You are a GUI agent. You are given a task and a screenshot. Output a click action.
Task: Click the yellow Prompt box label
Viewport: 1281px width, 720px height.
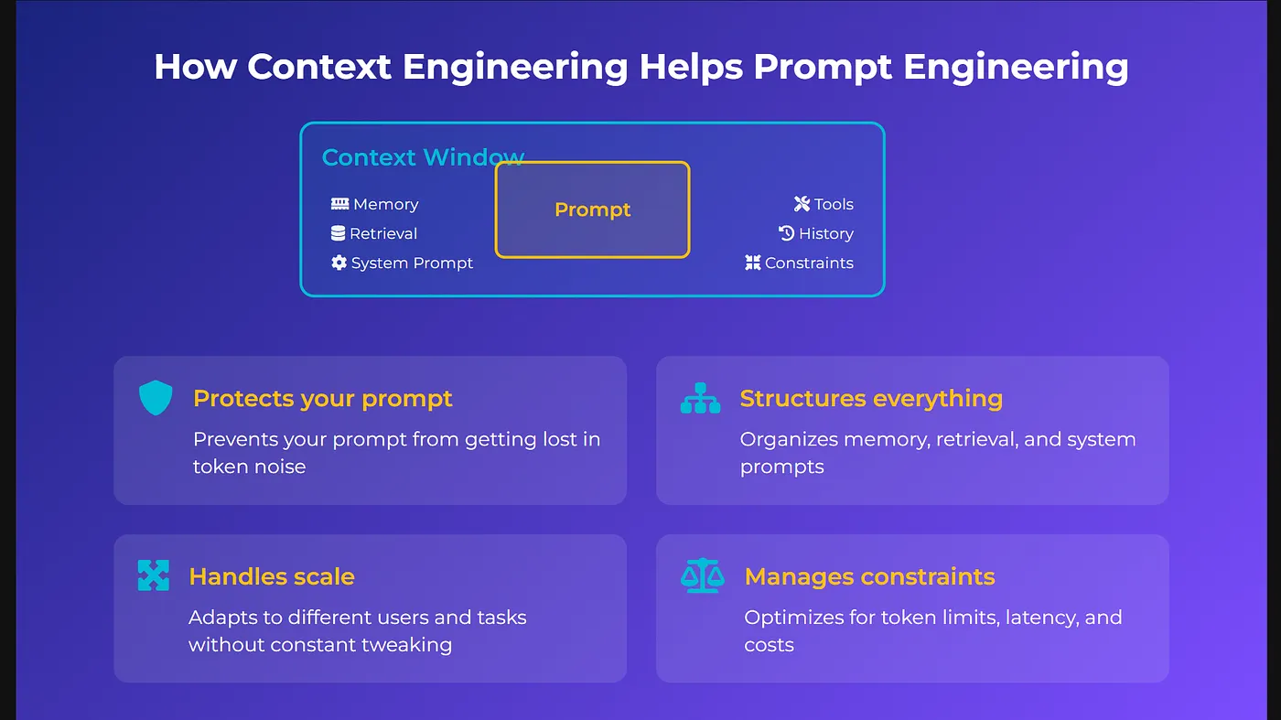click(x=593, y=210)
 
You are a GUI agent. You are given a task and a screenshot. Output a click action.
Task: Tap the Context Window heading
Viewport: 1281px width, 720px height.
click(x=423, y=157)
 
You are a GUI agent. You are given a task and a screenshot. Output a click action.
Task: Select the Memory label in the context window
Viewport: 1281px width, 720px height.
click(x=386, y=204)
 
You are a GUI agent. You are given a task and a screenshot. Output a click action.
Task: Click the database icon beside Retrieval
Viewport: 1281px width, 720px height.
click(x=338, y=233)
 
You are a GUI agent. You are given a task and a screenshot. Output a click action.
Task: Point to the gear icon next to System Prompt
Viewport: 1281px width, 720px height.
click(x=339, y=263)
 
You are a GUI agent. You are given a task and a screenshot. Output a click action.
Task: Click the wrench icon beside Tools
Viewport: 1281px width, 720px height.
click(x=802, y=204)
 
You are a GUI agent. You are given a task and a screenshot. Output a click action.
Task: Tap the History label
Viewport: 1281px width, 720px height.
click(x=825, y=233)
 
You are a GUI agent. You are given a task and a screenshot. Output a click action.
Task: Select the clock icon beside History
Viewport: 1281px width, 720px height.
click(x=786, y=232)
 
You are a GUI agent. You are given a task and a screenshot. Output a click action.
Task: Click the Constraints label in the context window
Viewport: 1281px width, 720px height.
click(x=809, y=263)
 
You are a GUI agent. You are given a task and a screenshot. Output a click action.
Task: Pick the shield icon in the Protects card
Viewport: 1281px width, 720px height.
click(x=156, y=397)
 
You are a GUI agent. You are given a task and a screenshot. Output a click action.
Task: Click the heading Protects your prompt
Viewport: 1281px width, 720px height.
click(x=322, y=399)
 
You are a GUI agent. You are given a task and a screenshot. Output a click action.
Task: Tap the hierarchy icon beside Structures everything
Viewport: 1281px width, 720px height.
click(x=701, y=398)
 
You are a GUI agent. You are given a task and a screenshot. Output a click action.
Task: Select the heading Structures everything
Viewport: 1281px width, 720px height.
click(x=871, y=399)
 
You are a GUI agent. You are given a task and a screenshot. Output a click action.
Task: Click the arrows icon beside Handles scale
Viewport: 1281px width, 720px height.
click(x=154, y=575)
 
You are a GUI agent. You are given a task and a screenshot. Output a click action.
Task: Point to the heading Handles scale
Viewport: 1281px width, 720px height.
click(x=272, y=576)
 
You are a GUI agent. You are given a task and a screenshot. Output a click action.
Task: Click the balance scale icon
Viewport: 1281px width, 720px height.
click(x=703, y=575)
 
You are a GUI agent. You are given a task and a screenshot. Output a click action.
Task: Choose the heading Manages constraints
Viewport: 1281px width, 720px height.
click(x=870, y=576)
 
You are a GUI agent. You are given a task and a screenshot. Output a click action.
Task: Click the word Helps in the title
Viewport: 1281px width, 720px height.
click(x=691, y=68)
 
